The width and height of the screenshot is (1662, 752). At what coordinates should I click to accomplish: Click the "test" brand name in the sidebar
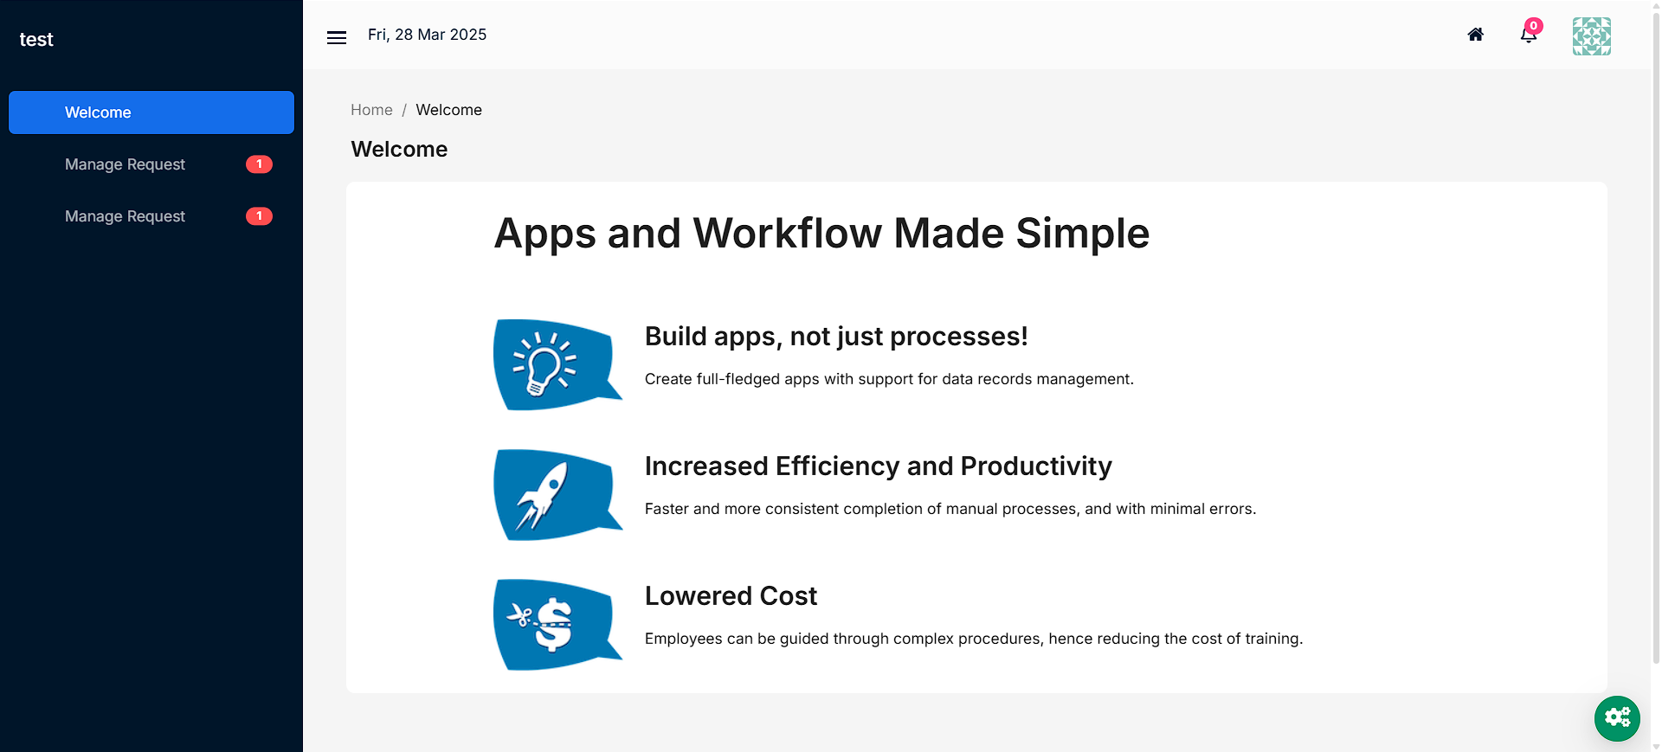coord(36,40)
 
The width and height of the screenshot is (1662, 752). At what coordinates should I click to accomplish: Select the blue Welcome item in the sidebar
coord(151,112)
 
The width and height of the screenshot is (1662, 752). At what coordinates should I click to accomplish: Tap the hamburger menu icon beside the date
coord(337,37)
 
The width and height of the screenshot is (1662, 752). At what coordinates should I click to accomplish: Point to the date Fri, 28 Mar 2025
coord(427,35)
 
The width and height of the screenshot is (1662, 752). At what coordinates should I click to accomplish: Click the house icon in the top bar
coord(1476,35)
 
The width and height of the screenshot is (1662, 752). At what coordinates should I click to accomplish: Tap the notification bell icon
coord(1528,36)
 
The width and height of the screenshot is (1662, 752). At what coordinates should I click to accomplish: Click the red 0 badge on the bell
coord(1534,26)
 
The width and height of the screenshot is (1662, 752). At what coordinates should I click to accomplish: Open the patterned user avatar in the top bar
coord(1592,36)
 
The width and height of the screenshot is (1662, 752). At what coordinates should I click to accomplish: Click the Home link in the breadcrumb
coord(371,110)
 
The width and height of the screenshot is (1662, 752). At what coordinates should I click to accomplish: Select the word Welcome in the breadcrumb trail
coord(448,110)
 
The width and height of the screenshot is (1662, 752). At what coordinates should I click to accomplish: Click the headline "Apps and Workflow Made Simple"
coord(821,234)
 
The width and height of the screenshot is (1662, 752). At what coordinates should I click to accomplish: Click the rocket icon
coord(543,495)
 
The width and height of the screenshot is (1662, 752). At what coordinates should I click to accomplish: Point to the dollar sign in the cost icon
coord(553,625)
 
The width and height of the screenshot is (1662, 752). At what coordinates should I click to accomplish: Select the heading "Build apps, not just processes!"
coord(836,337)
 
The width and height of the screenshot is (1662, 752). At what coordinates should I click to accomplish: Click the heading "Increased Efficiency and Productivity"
coord(879,466)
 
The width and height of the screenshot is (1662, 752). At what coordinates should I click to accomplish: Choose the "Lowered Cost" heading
coord(731,596)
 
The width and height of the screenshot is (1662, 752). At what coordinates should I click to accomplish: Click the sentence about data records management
coord(889,379)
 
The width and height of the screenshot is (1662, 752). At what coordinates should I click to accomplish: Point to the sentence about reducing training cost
coord(974,639)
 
